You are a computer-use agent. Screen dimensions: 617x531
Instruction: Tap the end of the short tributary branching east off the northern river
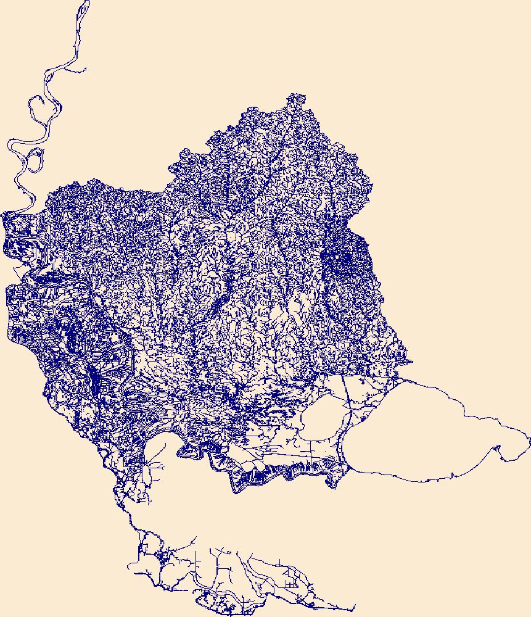(x=84, y=70)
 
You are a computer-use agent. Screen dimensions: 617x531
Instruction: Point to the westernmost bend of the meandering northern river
(x=8, y=146)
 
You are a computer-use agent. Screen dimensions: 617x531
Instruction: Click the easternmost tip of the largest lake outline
(x=529, y=439)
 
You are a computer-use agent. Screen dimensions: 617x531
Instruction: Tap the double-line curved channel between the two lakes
(x=343, y=426)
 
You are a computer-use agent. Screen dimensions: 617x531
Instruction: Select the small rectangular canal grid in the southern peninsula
(x=289, y=580)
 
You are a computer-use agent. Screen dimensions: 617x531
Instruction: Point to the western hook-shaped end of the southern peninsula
(x=130, y=566)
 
